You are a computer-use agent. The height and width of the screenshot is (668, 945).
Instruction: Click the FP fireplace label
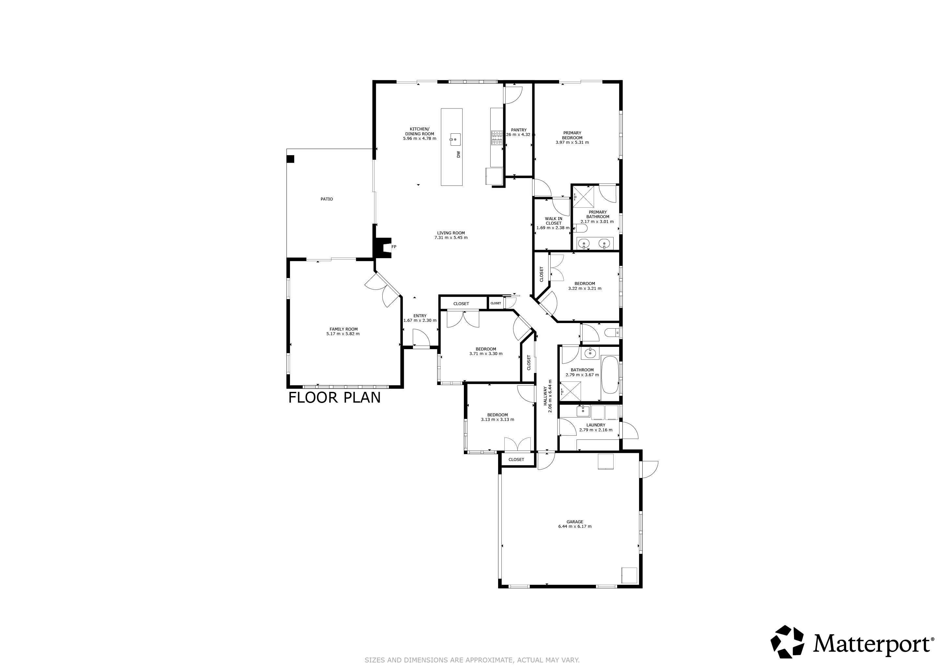[x=394, y=247]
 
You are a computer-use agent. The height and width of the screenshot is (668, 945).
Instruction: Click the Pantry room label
[x=519, y=130]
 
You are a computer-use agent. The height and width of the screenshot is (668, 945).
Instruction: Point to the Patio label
[x=327, y=199]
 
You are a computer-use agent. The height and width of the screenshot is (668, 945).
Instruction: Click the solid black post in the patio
[x=291, y=159]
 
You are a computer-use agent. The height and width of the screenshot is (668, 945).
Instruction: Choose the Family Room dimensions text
[x=343, y=334]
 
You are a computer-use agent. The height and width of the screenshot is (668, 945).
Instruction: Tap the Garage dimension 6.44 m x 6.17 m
[x=575, y=527]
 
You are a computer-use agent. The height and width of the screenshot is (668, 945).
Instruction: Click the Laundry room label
[x=596, y=425]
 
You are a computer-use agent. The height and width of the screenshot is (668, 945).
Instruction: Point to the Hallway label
[x=545, y=396]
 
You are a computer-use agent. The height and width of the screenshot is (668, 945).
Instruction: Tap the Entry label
[x=420, y=316]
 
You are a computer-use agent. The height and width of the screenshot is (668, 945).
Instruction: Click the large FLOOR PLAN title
[x=334, y=398]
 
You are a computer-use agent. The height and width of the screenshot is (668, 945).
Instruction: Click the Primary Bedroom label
[x=572, y=135]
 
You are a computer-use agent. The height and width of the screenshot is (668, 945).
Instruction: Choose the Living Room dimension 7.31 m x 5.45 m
[x=451, y=238]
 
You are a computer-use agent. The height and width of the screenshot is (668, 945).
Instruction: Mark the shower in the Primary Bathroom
[x=584, y=197]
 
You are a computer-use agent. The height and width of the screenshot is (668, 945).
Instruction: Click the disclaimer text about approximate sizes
[x=472, y=660]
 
